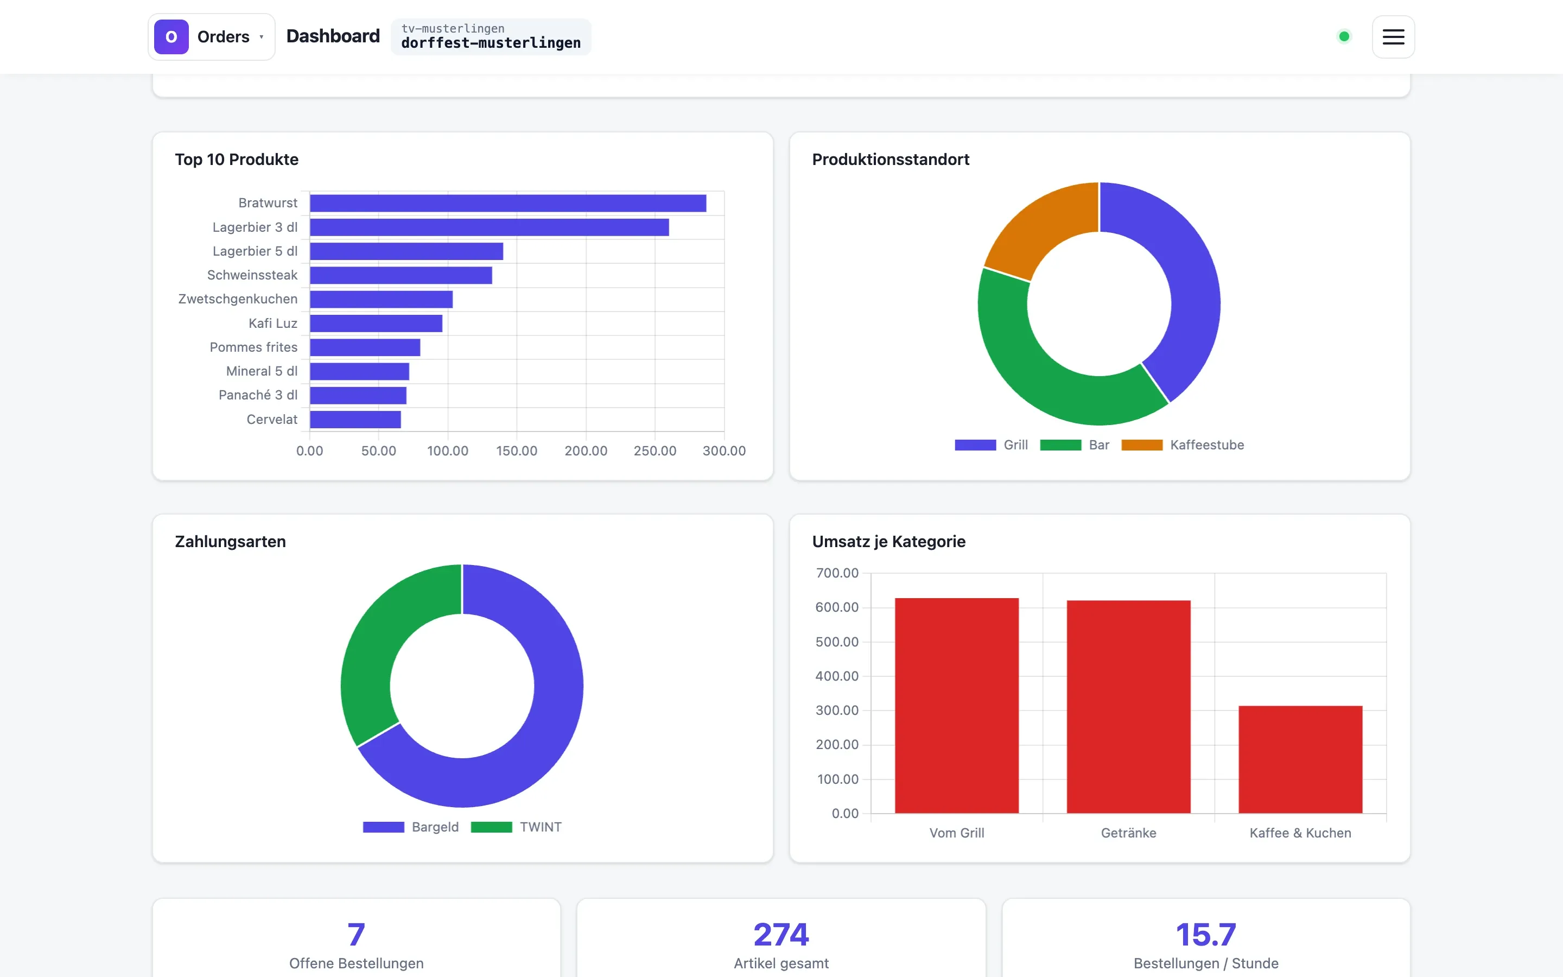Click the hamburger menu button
pyautogui.click(x=1393, y=37)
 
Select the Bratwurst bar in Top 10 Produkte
pyautogui.click(x=507, y=203)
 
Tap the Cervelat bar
pyautogui.click(x=355, y=420)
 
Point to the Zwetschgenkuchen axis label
pyautogui.click(x=238, y=299)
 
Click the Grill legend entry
pyautogui.click(x=992, y=445)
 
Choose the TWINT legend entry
pyautogui.click(x=516, y=827)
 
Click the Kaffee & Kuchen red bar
pyautogui.click(x=1300, y=759)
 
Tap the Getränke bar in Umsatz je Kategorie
pyautogui.click(x=1128, y=706)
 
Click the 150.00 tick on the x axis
pyautogui.click(x=517, y=451)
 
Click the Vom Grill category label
pyautogui.click(x=957, y=833)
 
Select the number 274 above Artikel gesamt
pyautogui.click(x=781, y=934)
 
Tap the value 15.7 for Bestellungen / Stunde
pyautogui.click(x=1206, y=934)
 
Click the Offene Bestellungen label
pyautogui.click(x=357, y=963)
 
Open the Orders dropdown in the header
pyautogui.click(x=212, y=37)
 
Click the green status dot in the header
pyautogui.click(x=1344, y=37)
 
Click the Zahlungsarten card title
pyautogui.click(x=231, y=542)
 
